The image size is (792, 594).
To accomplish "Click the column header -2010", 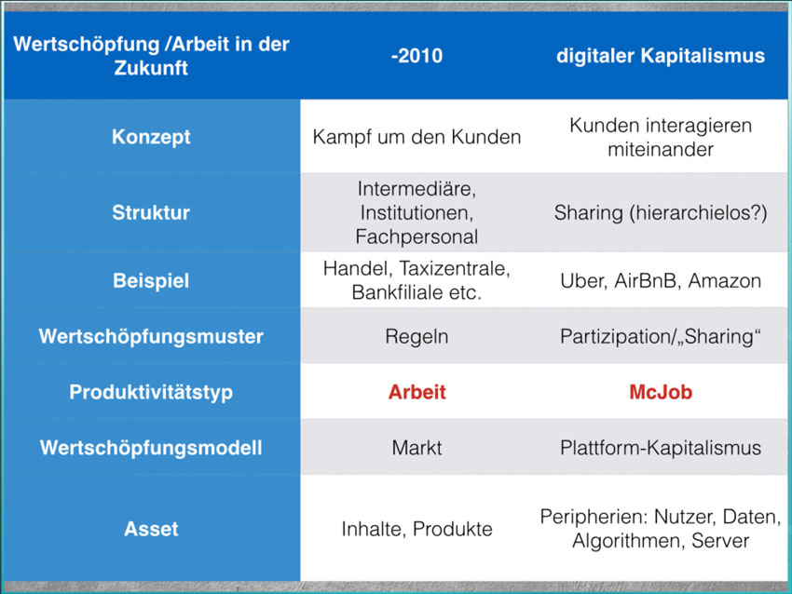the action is tap(416, 56).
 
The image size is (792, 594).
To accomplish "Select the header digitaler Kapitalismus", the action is tap(661, 56).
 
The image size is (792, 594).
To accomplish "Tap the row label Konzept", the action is tap(151, 137).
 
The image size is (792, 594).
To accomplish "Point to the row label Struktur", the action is tap(151, 212).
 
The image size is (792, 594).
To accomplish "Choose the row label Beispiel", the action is tap(151, 280).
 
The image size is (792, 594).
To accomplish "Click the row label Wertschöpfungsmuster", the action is tap(151, 336).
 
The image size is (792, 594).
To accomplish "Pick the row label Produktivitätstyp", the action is tap(151, 392).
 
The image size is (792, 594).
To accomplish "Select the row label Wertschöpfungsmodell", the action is tap(151, 448).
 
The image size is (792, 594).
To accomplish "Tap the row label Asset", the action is tap(151, 529).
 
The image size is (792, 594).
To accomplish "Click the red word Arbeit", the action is tap(416, 392).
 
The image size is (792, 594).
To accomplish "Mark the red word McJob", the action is tap(661, 392).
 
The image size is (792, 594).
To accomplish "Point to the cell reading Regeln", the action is tap(416, 337).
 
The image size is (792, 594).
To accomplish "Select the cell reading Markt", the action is tap(416, 448).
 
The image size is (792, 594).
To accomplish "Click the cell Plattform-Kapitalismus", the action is tap(661, 448).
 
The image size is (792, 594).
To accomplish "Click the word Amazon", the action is tap(724, 280).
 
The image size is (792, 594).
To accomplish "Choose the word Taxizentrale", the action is tap(455, 269).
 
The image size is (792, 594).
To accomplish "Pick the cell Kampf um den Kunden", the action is tap(416, 137).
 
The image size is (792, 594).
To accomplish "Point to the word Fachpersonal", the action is tap(416, 236).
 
